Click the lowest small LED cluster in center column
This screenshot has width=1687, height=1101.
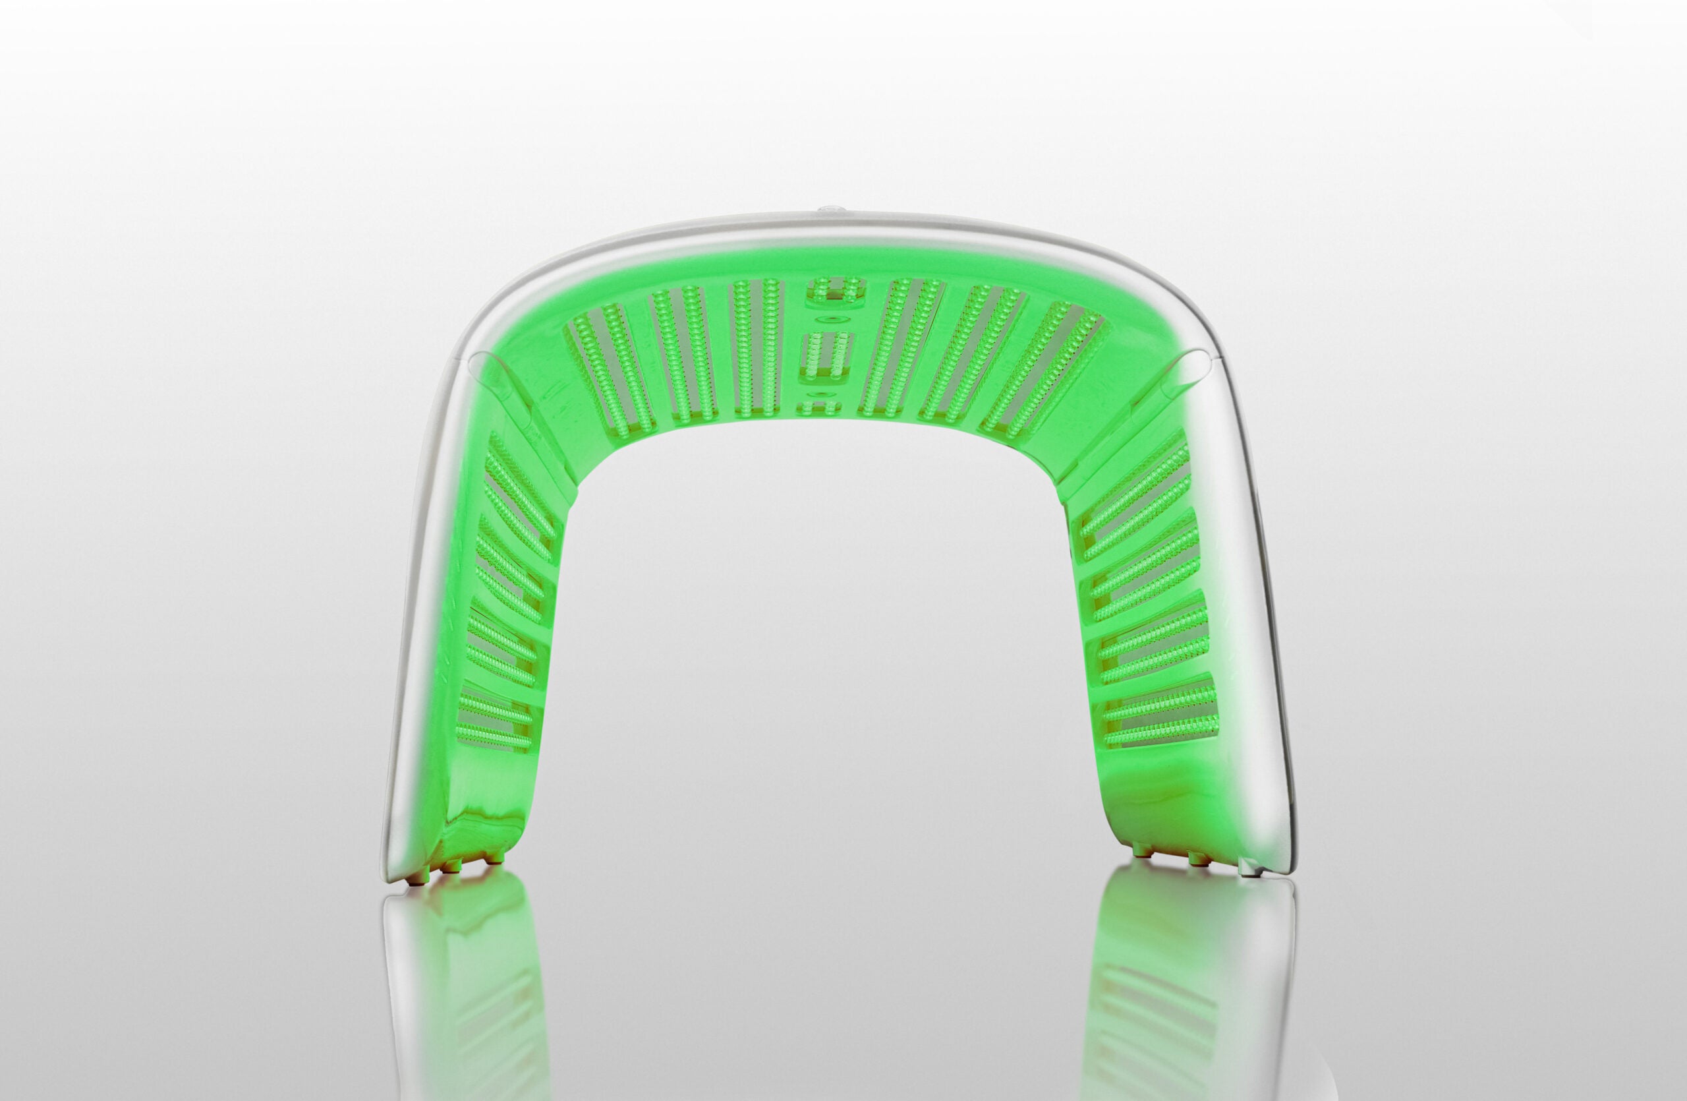[818, 407]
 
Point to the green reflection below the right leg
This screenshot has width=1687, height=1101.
[1170, 978]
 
